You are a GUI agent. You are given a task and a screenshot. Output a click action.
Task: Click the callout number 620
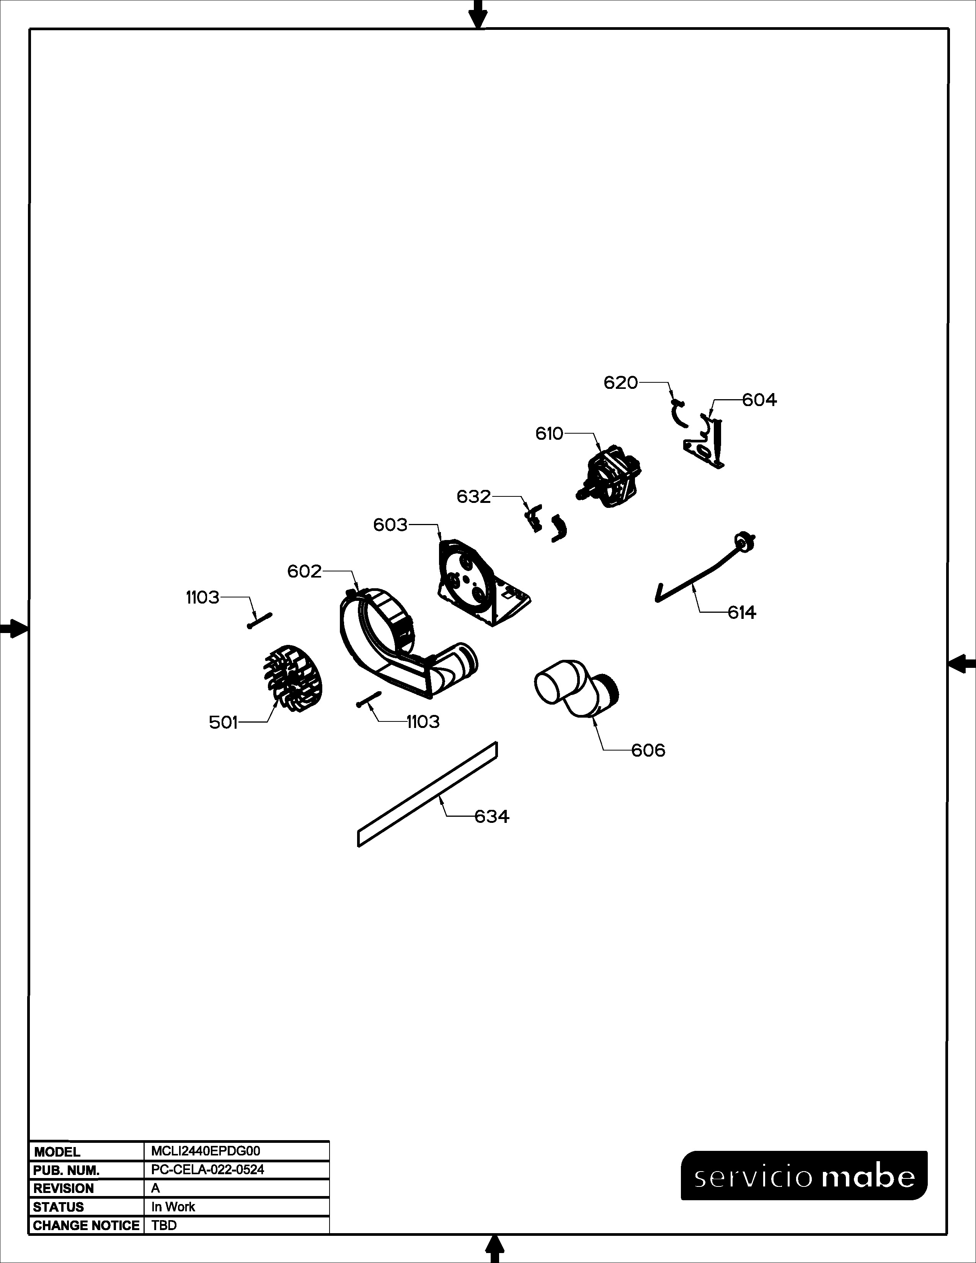pos(620,383)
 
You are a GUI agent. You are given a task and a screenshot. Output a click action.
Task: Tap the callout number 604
pos(759,400)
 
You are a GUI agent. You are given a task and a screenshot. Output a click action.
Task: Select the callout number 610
pos(549,434)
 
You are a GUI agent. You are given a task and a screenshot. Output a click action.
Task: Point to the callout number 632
pos(473,497)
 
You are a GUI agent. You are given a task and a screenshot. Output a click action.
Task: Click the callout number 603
pos(390,525)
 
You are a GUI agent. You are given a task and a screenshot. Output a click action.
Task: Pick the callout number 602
pos(304,571)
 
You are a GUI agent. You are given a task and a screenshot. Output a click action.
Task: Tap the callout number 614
pos(742,612)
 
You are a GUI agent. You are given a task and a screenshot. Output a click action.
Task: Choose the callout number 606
pos(648,751)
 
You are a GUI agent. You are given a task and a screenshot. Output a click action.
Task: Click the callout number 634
pos(491,817)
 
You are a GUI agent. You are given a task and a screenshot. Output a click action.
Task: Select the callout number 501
pos(223,722)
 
